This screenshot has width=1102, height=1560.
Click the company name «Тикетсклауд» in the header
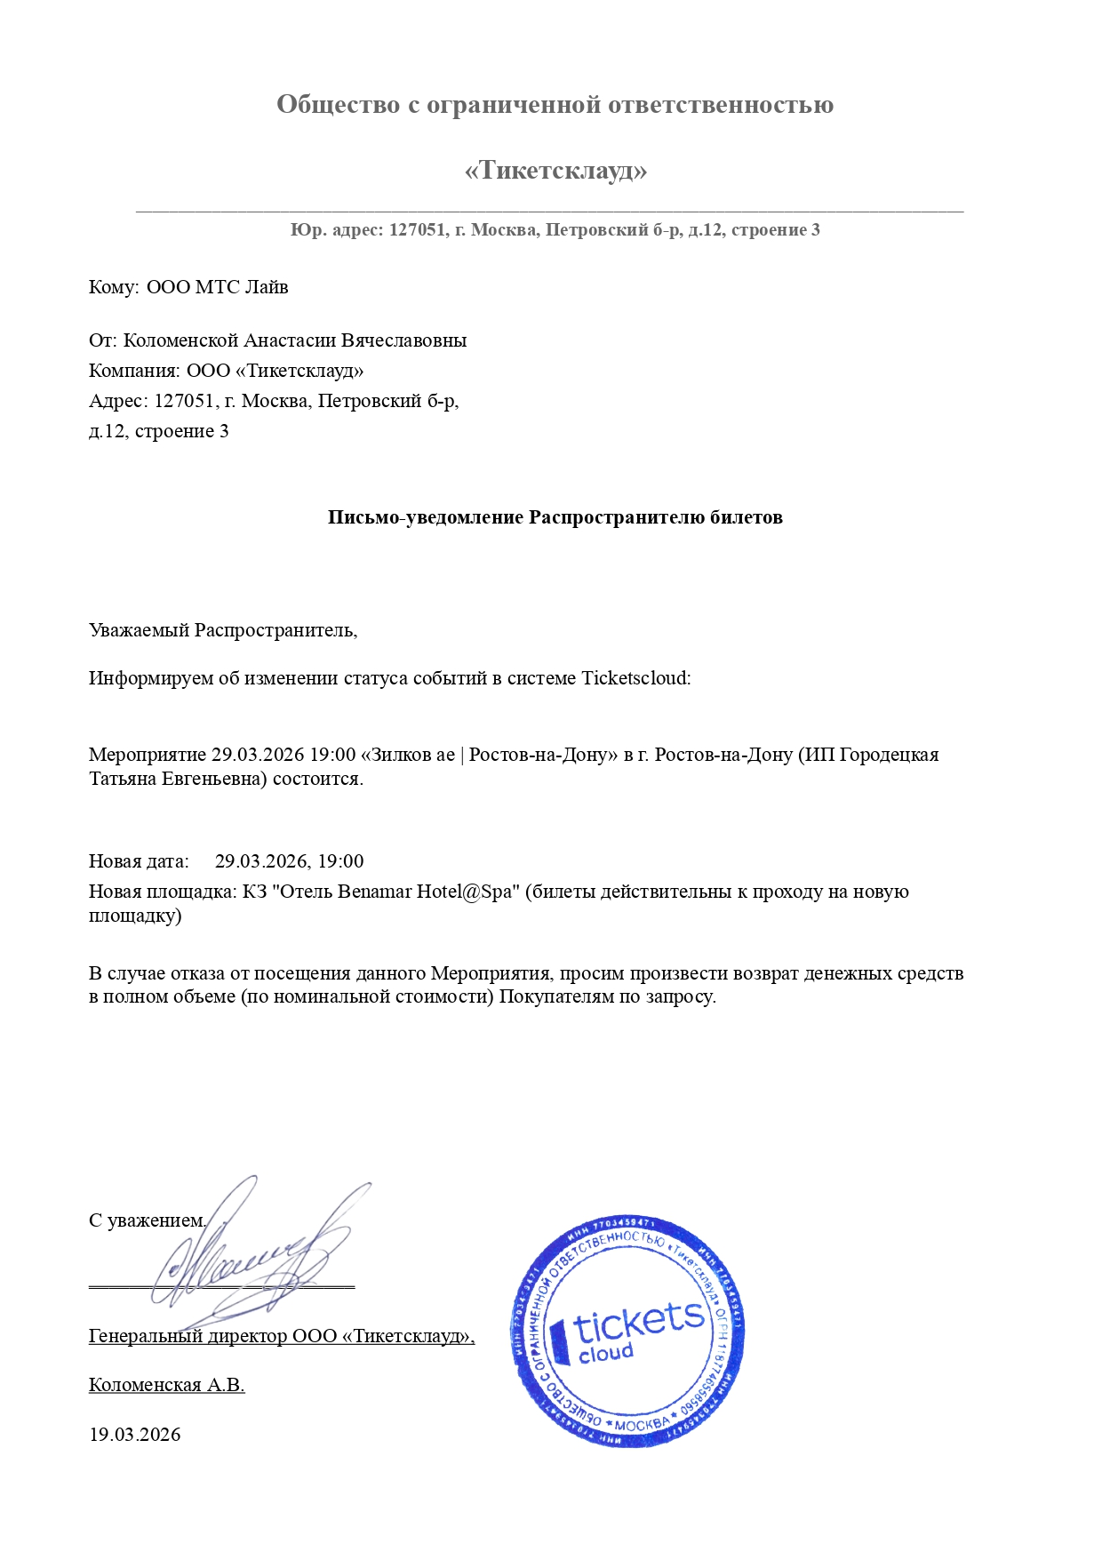(555, 170)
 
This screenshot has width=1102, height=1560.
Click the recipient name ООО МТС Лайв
(217, 287)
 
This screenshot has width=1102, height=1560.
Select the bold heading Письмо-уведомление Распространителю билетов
(555, 517)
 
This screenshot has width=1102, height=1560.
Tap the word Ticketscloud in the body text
(635, 678)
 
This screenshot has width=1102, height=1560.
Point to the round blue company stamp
(627, 1331)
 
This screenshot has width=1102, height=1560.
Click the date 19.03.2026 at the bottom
(134, 1435)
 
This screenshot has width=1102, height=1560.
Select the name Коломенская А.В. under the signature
(166, 1385)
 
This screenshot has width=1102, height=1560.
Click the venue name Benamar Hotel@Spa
(426, 892)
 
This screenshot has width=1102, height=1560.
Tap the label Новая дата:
(139, 861)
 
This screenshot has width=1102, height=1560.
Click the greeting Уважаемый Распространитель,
(222, 630)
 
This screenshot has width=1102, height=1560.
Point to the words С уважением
(147, 1220)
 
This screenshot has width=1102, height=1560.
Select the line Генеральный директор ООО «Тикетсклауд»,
(281, 1336)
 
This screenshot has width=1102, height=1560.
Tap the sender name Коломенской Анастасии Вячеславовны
(294, 340)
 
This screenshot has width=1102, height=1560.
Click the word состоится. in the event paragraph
(317, 780)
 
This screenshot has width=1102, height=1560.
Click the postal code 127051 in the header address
(417, 230)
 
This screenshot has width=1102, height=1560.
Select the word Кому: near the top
(114, 287)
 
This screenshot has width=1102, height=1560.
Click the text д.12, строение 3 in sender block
(158, 431)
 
